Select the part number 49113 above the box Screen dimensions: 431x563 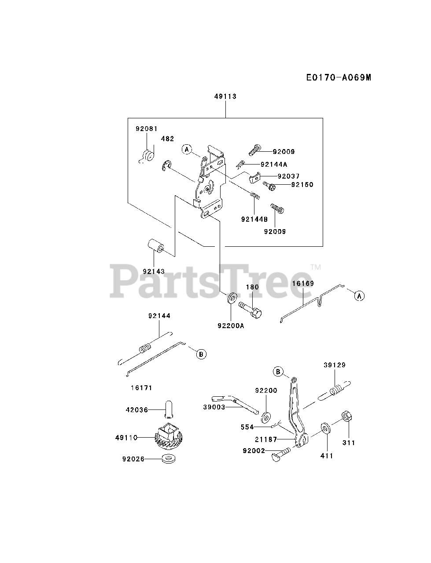[x=225, y=96]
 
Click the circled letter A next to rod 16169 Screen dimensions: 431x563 [x=359, y=296]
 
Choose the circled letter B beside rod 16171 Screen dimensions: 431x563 [x=201, y=353]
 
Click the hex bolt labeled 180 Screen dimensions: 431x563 [x=249, y=308]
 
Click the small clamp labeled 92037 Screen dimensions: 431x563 [x=254, y=179]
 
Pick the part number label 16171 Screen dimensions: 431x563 [x=141, y=388]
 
